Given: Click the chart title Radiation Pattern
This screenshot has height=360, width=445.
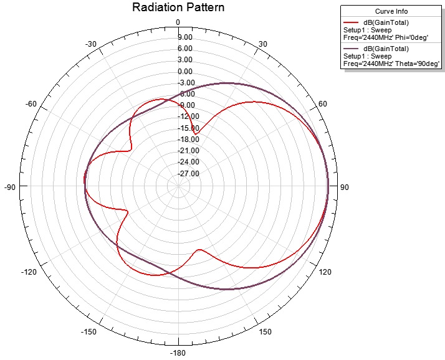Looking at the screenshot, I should (x=178, y=7).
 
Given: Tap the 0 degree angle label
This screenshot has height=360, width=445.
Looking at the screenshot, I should (x=178, y=22).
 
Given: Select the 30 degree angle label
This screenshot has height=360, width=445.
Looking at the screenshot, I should (x=262, y=44).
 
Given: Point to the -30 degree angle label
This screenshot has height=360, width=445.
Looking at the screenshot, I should (x=91, y=44).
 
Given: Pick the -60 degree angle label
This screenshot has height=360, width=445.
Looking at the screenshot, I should (x=31, y=104).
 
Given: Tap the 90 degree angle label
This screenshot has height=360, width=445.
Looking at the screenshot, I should (x=343, y=187).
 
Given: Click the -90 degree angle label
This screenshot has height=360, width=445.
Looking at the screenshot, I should (x=9, y=187).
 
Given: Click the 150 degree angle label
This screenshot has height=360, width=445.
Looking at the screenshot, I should (x=264, y=332).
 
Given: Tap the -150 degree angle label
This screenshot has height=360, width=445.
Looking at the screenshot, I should (x=89, y=332).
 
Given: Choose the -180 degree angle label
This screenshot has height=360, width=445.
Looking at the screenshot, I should (x=178, y=354).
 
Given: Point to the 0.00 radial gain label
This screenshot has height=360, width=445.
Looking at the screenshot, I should (x=184, y=71).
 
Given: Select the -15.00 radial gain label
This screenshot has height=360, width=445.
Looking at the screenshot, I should (x=186, y=128).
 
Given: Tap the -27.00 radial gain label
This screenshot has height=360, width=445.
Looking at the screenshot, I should (x=186, y=174).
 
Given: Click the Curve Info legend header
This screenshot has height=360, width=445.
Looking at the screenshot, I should (x=391, y=12).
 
